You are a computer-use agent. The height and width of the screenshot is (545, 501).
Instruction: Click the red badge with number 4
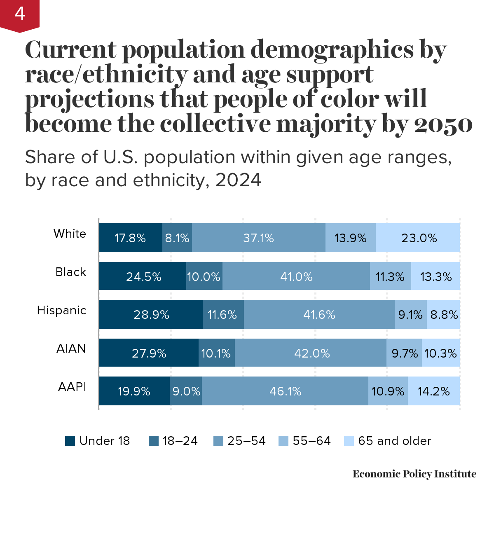click(19, 14)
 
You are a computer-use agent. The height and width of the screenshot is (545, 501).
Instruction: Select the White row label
click(70, 234)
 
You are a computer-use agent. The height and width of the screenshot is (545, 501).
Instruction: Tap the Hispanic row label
click(62, 310)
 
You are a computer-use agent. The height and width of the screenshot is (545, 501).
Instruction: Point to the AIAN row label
click(71, 349)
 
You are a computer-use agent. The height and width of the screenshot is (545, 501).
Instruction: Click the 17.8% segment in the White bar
click(130, 238)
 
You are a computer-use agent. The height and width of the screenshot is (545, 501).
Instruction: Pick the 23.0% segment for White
click(418, 238)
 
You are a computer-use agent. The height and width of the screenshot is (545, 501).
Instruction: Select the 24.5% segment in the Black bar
click(143, 276)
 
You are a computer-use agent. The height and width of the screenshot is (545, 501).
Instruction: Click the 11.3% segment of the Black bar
click(390, 276)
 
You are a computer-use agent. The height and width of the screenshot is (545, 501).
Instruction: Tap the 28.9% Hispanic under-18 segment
click(151, 315)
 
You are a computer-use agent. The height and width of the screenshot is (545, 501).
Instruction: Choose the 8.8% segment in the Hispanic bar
click(444, 315)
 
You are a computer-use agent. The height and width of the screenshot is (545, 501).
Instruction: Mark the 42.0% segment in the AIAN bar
click(311, 353)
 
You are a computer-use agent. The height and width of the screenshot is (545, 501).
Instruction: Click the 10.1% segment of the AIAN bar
click(216, 353)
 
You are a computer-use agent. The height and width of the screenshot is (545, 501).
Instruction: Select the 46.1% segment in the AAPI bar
click(285, 391)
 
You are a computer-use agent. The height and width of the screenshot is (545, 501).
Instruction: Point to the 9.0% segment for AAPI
click(186, 391)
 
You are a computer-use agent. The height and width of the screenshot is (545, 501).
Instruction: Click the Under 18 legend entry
click(98, 441)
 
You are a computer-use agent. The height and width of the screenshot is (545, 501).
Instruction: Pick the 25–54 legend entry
click(240, 441)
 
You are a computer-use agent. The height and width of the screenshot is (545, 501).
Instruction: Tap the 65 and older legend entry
click(388, 441)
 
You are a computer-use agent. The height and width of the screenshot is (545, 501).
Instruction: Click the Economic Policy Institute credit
click(414, 474)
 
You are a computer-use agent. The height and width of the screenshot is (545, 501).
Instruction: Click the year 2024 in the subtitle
click(238, 180)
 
